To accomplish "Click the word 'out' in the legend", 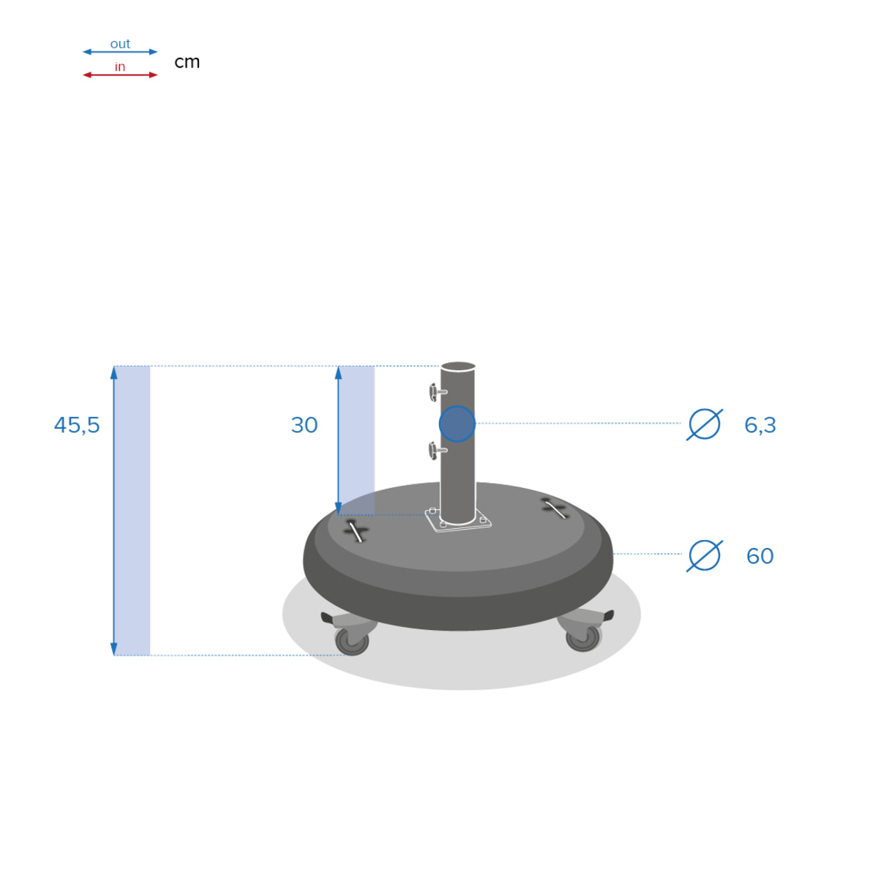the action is (120, 44).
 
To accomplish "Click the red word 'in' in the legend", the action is (120, 67).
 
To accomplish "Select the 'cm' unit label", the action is (187, 62).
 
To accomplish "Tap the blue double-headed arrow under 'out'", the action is (120, 52).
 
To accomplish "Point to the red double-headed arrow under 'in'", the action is (120, 75).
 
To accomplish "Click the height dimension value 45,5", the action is (77, 425).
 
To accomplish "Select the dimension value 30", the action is (304, 425).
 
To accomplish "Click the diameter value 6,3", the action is (759, 425).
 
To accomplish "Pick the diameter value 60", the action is (759, 556).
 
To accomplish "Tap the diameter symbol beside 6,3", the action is (705, 424).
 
